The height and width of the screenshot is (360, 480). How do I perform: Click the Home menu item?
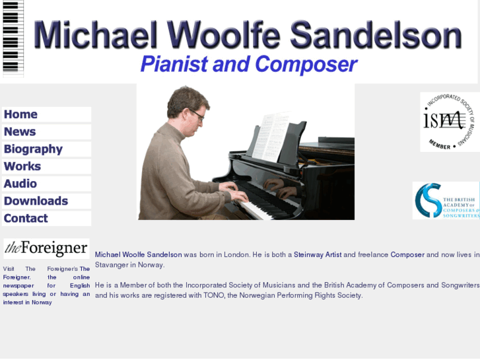21,114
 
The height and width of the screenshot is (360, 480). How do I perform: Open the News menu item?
20,131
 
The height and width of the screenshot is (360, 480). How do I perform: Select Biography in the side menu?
33,149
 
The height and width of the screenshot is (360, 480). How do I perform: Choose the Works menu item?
22,166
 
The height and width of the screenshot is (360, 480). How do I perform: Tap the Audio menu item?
20,184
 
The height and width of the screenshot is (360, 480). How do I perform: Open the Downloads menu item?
36,201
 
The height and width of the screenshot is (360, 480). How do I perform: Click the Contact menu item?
26,218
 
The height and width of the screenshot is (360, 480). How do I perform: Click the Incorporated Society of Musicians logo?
450,122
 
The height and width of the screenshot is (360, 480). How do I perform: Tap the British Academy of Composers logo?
446,201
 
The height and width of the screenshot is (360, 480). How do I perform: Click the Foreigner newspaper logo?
46,248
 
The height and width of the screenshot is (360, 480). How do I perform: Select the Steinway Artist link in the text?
318,254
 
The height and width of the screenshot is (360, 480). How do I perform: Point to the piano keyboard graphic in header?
13,38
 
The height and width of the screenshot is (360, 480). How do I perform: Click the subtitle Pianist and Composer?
248,65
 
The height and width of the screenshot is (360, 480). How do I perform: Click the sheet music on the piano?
271,135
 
